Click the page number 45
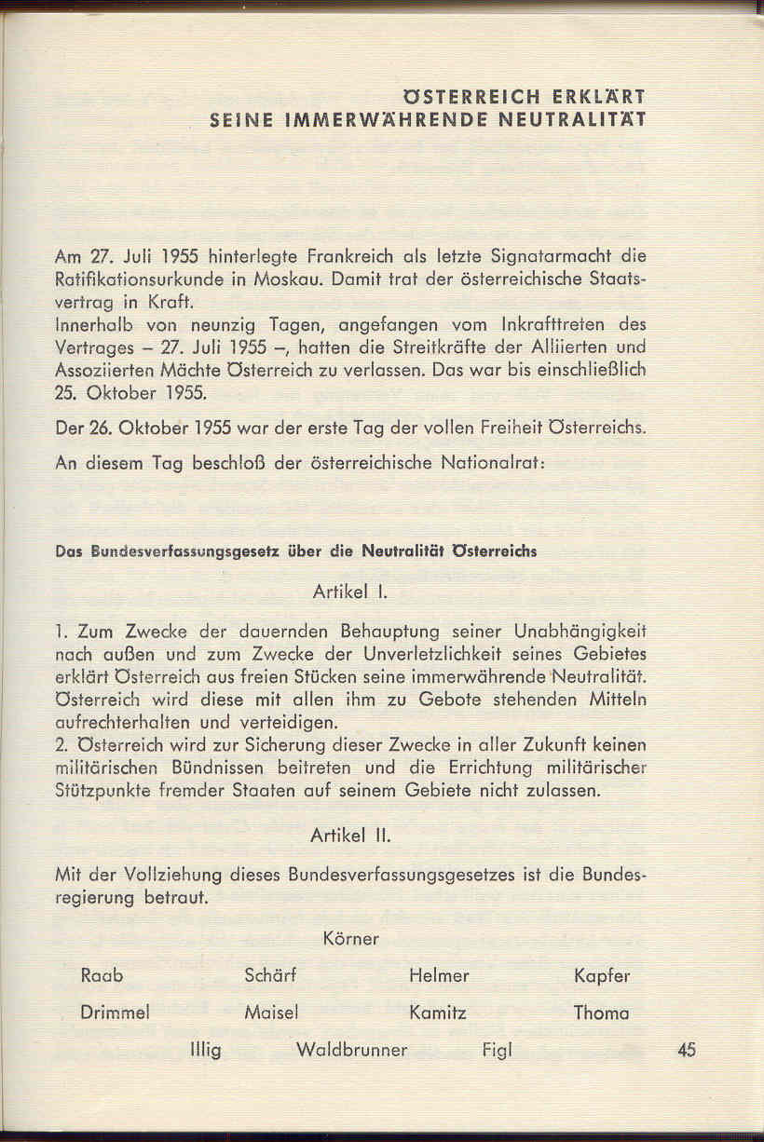688,1050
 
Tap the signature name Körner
351,939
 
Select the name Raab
102,976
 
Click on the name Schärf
270,976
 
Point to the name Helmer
439,976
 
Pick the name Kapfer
602,976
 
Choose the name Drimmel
116,1013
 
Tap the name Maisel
270,1013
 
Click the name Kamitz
438,1013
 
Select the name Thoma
601,1013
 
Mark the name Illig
205,1051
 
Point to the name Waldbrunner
351,1051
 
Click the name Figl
498,1051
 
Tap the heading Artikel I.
344,591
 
